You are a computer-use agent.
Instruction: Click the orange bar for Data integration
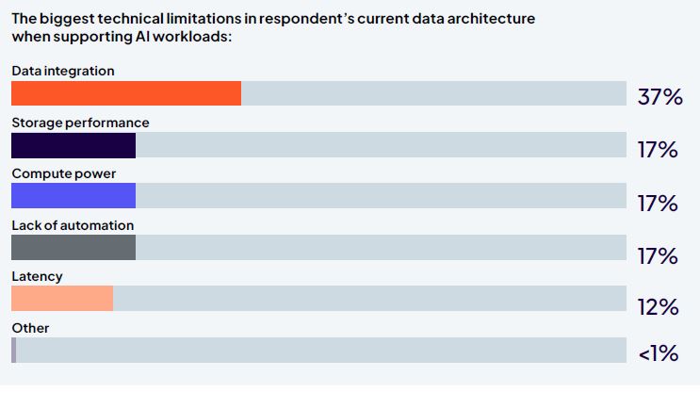pos(125,93)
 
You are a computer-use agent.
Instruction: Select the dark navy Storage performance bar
pos(73,145)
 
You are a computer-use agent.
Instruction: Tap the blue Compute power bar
pos(73,195)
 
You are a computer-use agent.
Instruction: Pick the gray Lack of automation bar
pos(73,247)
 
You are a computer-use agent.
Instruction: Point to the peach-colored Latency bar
pos(62,298)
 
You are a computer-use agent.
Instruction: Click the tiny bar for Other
pos(13,350)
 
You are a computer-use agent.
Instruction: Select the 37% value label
pos(659,97)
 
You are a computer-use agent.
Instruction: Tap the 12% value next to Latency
pos(659,307)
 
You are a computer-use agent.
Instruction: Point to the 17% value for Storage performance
pos(659,150)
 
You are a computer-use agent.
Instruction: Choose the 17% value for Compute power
pos(659,203)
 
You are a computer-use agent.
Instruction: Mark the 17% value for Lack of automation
pos(659,255)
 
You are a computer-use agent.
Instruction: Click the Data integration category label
pos(62,71)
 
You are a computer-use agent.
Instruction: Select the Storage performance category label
pos(80,123)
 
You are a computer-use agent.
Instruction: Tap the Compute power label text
pos(63,173)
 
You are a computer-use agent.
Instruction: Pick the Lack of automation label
pos(73,225)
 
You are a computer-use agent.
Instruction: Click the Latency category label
pos(37,276)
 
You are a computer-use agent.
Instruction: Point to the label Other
pos(30,328)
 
